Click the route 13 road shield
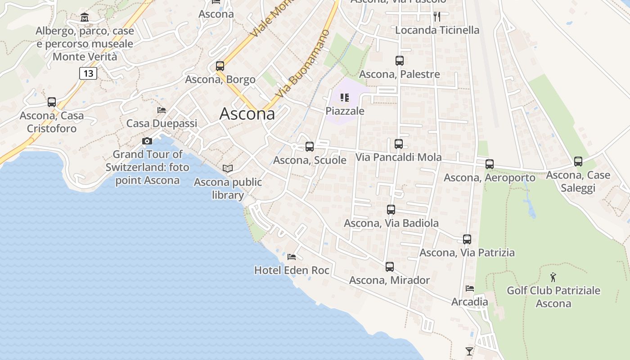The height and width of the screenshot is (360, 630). click(x=88, y=73)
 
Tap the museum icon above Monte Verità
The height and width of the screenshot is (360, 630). click(x=85, y=18)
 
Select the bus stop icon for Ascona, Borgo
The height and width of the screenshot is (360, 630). click(x=220, y=66)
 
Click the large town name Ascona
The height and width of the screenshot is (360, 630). click(x=247, y=114)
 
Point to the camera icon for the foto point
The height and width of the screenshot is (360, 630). click(x=147, y=141)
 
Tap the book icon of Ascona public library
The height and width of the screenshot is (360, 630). click(x=228, y=169)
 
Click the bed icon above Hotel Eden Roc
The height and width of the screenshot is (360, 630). click(x=292, y=257)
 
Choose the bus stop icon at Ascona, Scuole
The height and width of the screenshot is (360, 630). click(x=310, y=147)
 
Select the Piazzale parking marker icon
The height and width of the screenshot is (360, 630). click(x=345, y=98)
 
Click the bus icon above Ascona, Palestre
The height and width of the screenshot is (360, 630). click(x=399, y=61)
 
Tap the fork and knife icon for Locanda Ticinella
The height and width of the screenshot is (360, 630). click(x=436, y=17)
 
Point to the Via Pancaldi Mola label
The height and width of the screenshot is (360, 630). click(x=398, y=157)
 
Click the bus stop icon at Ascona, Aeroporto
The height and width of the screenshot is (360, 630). click(x=490, y=164)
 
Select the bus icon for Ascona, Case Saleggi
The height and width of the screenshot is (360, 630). click(x=578, y=162)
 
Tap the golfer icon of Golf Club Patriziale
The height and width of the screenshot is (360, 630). click(x=553, y=277)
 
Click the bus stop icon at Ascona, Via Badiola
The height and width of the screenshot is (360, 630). click(x=391, y=210)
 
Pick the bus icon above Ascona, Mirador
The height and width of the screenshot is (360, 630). click(x=390, y=267)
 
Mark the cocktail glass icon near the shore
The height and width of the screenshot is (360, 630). click(x=469, y=351)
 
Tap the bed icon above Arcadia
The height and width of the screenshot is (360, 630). click(x=470, y=288)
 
